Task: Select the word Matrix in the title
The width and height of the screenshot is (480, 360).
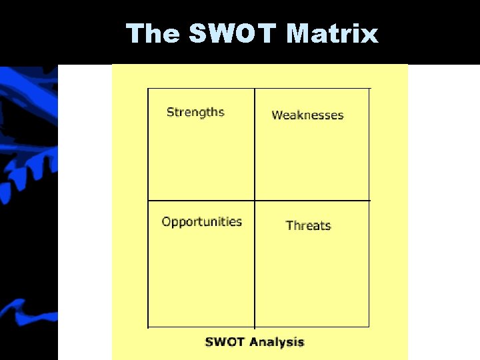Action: [x=332, y=33]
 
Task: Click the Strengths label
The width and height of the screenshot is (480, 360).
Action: [x=195, y=112]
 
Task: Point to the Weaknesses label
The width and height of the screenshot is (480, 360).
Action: [x=307, y=115]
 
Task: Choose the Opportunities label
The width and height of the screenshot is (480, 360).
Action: [x=201, y=222]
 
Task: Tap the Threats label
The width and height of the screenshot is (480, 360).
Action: [x=308, y=225]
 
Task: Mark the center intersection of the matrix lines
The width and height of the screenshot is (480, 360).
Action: [x=255, y=201]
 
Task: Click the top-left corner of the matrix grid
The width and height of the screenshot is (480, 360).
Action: [x=148, y=89]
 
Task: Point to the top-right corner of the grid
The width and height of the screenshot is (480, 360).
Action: [x=369, y=89]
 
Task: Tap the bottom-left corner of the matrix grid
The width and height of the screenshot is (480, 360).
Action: [x=148, y=327]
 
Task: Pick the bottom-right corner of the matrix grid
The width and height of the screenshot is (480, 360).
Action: [x=369, y=327]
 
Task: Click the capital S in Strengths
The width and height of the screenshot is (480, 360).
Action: [x=170, y=112]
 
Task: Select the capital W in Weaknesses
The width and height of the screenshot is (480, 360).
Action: [x=277, y=115]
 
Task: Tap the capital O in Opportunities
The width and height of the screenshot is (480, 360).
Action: [x=166, y=221]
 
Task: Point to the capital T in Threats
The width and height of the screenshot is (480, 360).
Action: [x=289, y=225]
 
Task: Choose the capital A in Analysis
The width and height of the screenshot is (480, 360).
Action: [x=253, y=343]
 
